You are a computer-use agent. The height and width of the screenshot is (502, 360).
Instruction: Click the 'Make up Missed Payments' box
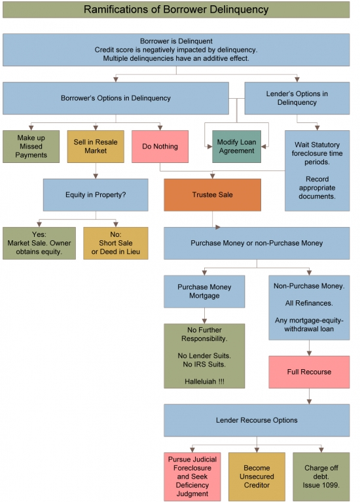pos(31,147)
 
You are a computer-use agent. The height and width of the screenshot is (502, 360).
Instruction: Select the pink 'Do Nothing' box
pos(160,147)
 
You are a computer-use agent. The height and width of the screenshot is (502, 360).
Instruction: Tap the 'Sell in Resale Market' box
pos(96,147)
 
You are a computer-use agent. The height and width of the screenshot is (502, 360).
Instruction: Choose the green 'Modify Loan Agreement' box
pos(236,147)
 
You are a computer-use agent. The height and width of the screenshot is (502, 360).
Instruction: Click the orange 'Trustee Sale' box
pos(212,194)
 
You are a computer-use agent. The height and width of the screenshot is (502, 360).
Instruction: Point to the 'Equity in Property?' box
pos(96,194)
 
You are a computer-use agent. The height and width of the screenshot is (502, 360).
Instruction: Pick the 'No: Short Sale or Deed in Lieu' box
pos(116,243)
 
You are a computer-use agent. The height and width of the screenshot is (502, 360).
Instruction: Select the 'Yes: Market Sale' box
pos(39,243)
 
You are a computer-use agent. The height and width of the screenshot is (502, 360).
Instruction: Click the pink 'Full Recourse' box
pos(309,372)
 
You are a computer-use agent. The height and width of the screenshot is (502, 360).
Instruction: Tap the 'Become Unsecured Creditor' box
pos(257,476)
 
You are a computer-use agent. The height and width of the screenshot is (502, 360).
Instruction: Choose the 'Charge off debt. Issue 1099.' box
pos(321,476)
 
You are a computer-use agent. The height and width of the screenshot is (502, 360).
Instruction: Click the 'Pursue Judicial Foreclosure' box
pos(192,476)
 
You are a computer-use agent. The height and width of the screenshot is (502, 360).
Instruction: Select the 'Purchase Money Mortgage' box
pos(204,291)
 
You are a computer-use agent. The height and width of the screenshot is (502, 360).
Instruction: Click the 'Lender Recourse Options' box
pos(257,420)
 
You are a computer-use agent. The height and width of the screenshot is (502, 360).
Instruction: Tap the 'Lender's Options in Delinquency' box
pos(297,98)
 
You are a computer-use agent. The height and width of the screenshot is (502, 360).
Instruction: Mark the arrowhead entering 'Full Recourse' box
pos(309,353)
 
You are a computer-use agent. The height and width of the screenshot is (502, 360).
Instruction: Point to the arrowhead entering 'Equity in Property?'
pos(96,176)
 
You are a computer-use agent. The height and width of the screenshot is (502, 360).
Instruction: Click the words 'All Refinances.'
pos(309,303)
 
